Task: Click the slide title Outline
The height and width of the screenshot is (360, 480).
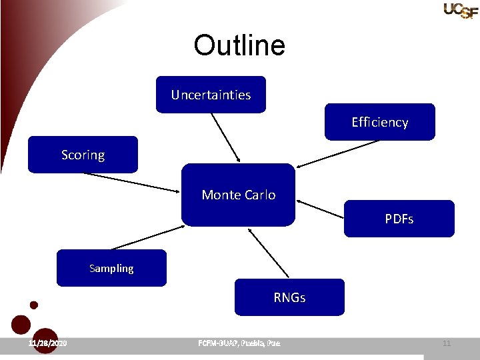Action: [x=239, y=45]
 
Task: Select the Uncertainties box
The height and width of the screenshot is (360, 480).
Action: [x=211, y=95]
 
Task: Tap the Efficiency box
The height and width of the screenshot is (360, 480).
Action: [x=379, y=122]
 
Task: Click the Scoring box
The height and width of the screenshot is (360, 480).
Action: [x=83, y=155]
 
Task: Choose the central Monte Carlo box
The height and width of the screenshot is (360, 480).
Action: [x=238, y=195]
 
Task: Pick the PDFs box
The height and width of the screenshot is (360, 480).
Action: [x=399, y=219]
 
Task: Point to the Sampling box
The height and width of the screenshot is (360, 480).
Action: [x=111, y=268]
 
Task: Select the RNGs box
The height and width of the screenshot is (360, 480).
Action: [x=289, y=297]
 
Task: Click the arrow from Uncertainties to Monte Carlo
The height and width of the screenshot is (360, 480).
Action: [x=226, y=137]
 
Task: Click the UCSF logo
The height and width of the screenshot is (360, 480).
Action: [x=461, y=10]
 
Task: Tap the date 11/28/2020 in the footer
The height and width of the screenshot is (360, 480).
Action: [x=47, y=343]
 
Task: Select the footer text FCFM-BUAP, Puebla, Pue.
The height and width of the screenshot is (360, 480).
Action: [x=239, y=343]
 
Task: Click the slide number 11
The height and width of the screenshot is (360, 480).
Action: [x=447, y=343]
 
